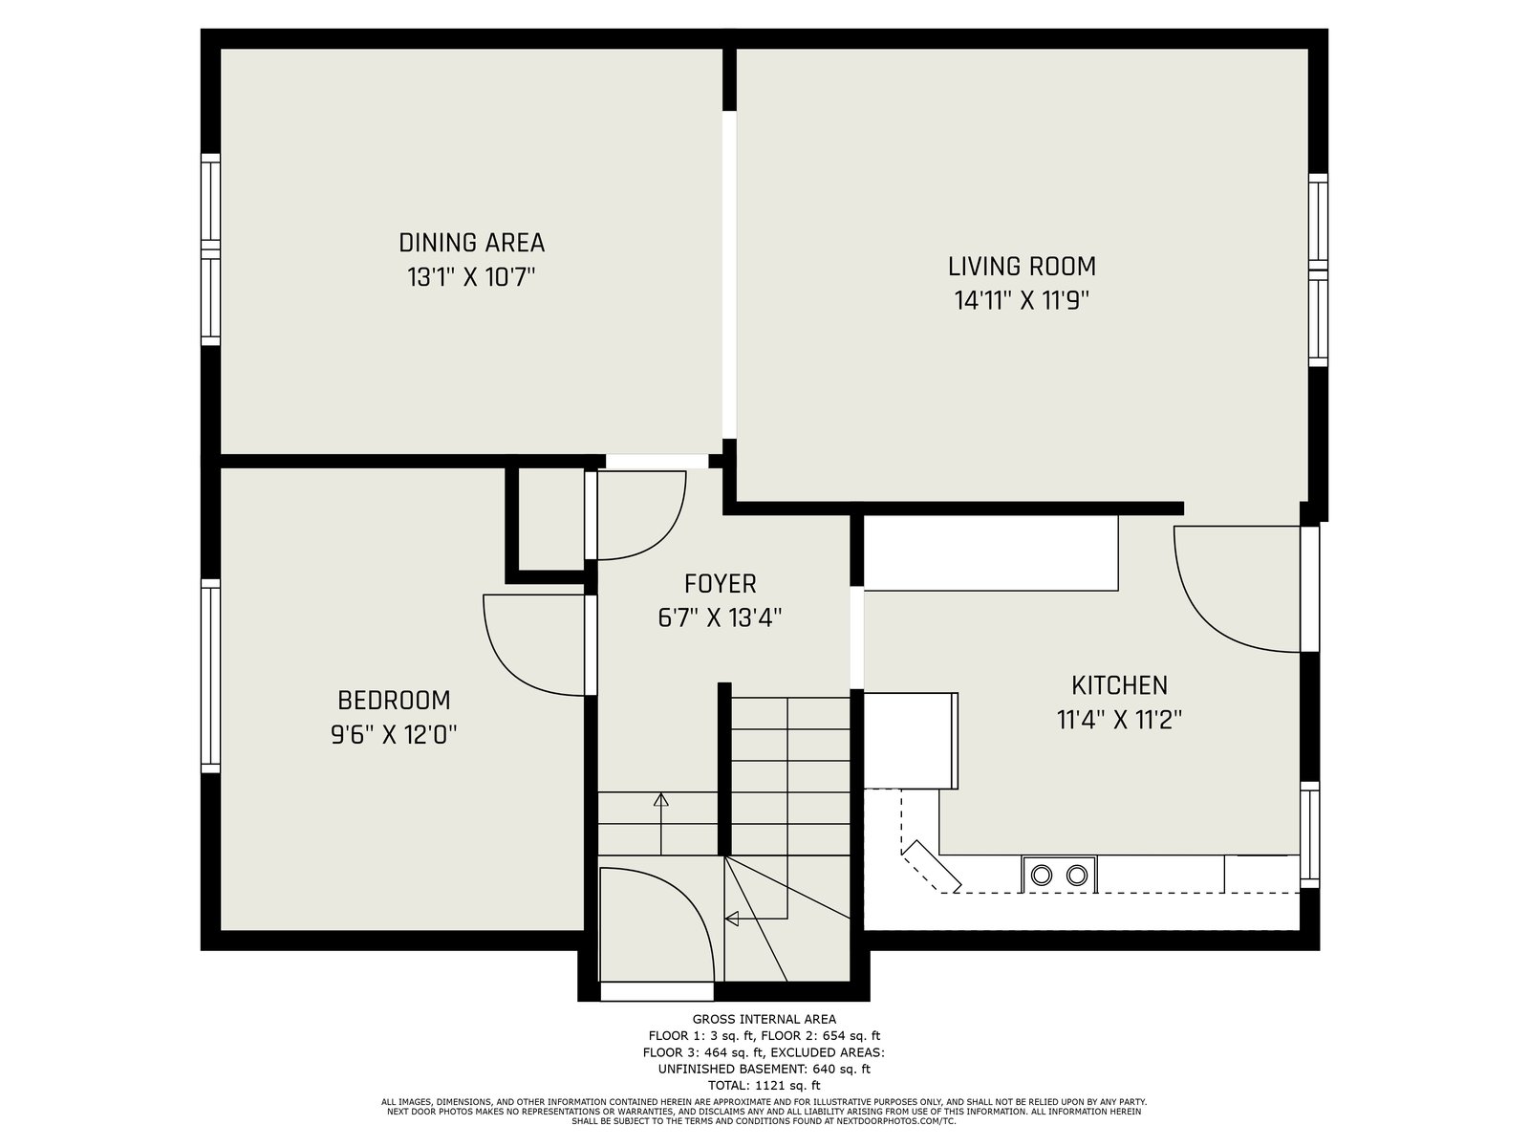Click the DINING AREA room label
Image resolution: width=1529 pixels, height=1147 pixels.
coord(471,243)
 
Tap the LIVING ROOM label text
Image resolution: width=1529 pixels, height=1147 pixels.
coord(1022,266)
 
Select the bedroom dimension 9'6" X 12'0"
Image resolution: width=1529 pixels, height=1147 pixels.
coord(394,734)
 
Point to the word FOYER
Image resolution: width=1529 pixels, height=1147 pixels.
coord(720,584)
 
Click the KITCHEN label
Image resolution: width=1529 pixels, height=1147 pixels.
coord(1119,685)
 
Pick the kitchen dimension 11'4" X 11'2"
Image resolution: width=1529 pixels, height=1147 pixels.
coord(1119,720)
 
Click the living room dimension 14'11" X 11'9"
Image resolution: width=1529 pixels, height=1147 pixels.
coord(1022,301)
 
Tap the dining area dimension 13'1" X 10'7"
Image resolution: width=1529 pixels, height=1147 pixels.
coord(471,277)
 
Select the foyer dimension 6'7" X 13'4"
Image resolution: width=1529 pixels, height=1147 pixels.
coord(720,617)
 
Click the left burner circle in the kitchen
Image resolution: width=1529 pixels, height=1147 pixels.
coord(1042,875)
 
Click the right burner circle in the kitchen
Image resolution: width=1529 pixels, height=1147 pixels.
coord(1077,875)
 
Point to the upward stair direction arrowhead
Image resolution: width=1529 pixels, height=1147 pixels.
coord(660,799)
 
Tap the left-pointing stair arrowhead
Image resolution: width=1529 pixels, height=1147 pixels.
coord(731,920)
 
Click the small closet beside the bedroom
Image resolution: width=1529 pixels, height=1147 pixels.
coord(551,519)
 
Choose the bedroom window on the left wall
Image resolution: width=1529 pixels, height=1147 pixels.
coord(210,676)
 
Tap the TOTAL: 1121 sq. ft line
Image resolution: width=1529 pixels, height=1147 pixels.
coord(764,1086)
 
